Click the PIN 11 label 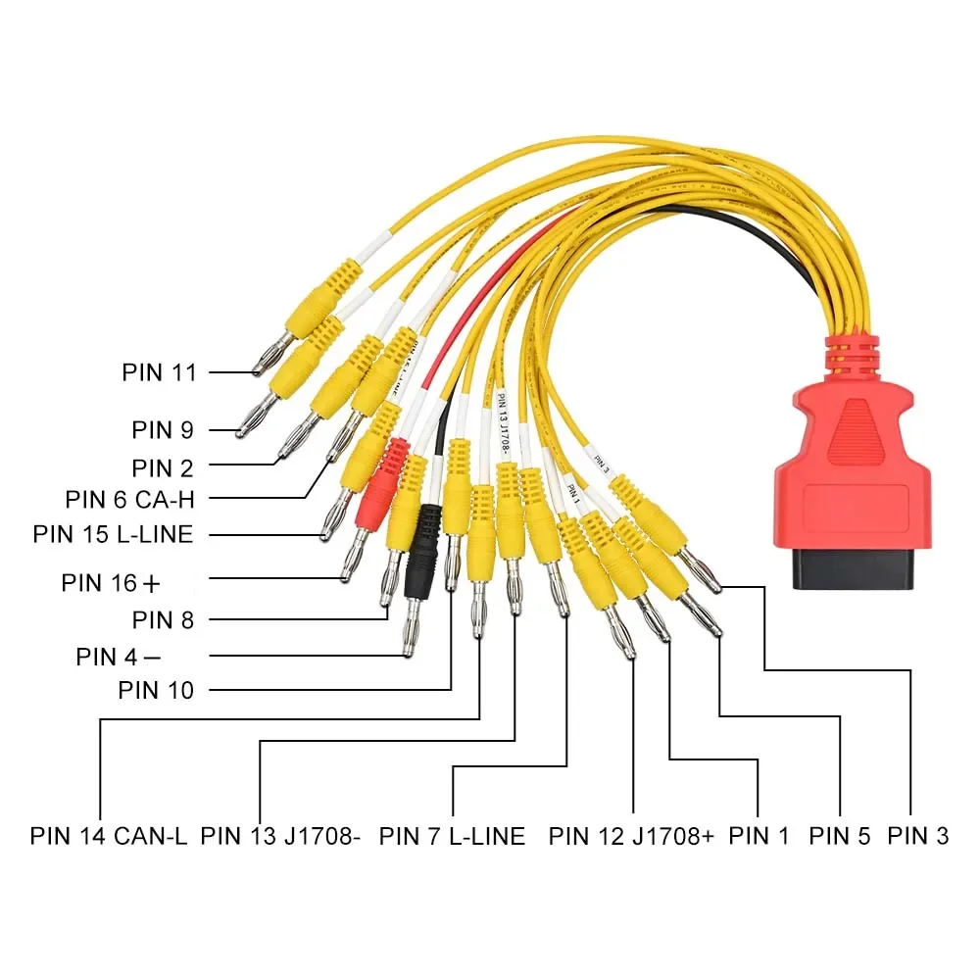pos(159,372)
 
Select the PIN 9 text pos(163,429)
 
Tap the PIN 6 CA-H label pos(130,500)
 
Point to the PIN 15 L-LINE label pos(113,534)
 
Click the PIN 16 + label pos(110,582)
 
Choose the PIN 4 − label pos(119,656)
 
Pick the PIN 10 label pos(156,690)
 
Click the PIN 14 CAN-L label pos(108,836)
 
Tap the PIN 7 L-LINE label pos(452,836)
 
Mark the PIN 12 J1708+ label pos(631,836)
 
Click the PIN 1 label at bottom pos(759,836)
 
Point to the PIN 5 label pos(840,836)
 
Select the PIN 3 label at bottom pos(918,836)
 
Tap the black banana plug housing pos(423,544)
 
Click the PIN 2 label pos(163,466)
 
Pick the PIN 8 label pos(163,619)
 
